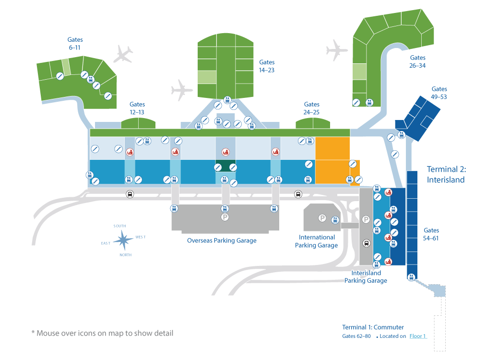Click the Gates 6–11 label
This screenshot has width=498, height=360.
[75, 44]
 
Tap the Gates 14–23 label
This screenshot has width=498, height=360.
[266, 66]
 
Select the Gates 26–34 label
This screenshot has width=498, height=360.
[417, 61]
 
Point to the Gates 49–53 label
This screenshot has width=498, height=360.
[439, 93]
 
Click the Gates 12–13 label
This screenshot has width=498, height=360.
[137, 108]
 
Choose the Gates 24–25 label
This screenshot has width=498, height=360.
[311, 108]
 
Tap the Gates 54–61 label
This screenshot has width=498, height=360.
[431, 234]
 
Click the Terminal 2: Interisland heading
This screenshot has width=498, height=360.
[446, 174]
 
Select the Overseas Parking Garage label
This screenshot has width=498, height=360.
[222, 240]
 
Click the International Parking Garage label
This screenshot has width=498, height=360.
[316, 241]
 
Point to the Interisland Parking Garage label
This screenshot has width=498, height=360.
[366, 277]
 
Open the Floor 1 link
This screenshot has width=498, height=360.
[418, 336]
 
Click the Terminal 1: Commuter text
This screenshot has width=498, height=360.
[373, 327]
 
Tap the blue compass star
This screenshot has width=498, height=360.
[123, 240]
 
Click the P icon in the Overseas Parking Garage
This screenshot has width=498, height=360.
[225, 217]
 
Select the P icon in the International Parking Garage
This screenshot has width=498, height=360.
[322, 218]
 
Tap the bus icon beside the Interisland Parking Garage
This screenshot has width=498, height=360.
[367, 243]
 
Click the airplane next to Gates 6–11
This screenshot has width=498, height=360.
[123, 54]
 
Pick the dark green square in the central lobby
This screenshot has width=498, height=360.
[225, 166]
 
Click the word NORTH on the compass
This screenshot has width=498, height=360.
[125, 255]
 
